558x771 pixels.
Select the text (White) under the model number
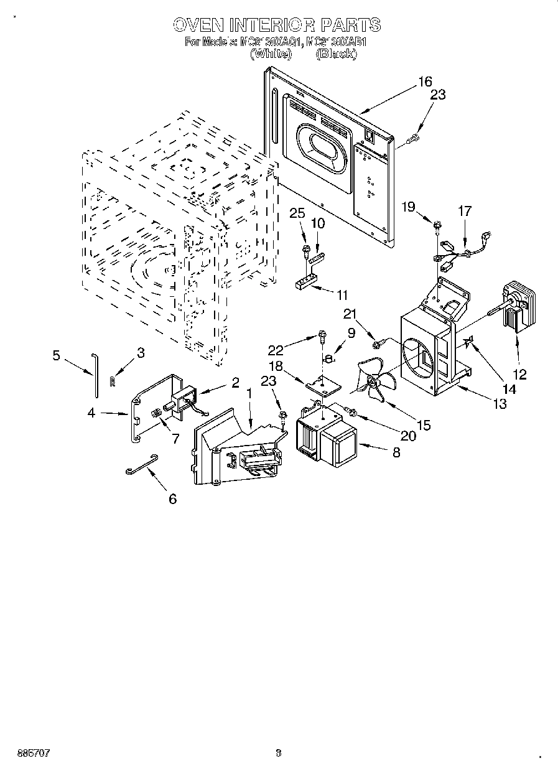coord(271,54)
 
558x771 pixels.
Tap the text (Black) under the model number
coord(336,54)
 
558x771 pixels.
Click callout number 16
coord(424,82)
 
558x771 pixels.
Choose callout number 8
coord(396,454)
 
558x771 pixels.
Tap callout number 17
coord(465,210)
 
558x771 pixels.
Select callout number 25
coord(297,213)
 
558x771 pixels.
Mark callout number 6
coord(172,498)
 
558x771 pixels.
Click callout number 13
coord(499,404)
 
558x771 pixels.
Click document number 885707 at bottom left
coord(26,753)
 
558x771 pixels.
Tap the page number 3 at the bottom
coord(278,753)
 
